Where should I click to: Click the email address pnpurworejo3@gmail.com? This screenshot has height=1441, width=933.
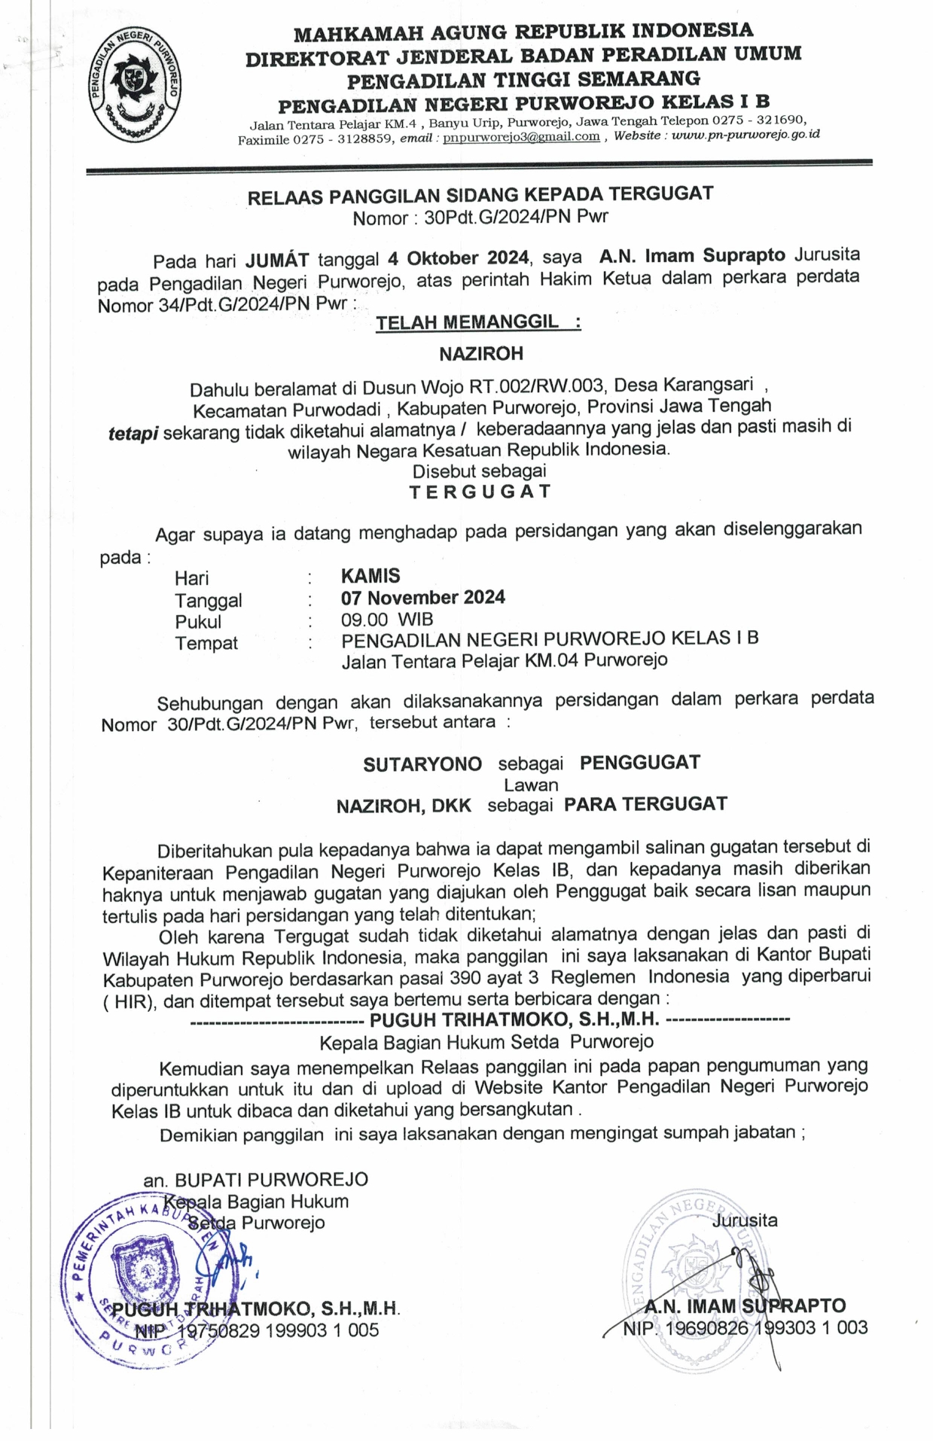[x=521, y=137]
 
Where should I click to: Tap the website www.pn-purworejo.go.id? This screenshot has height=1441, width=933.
[x=745, y=136]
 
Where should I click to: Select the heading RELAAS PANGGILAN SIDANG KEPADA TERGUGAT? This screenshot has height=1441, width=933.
[x=480, y=194]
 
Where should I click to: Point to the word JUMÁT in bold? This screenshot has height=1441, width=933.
[x=277, y=260]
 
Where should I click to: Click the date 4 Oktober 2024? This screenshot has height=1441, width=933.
[x=458, y=258]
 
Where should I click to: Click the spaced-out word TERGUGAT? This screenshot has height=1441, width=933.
[x=480, y=492]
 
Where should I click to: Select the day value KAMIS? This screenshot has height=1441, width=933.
[x=370, y=576]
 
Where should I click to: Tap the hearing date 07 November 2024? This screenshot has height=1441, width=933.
[x=422, y=598]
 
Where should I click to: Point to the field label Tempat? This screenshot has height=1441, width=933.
[x=206, y=644]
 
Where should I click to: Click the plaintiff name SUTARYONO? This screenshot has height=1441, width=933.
[x=422, y=764]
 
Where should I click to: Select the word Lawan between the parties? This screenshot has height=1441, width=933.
[x=531, y=784]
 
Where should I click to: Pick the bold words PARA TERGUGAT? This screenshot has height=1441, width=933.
[x=645, y=804]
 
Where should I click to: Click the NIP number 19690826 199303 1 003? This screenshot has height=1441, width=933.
[x=764, y=1327]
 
